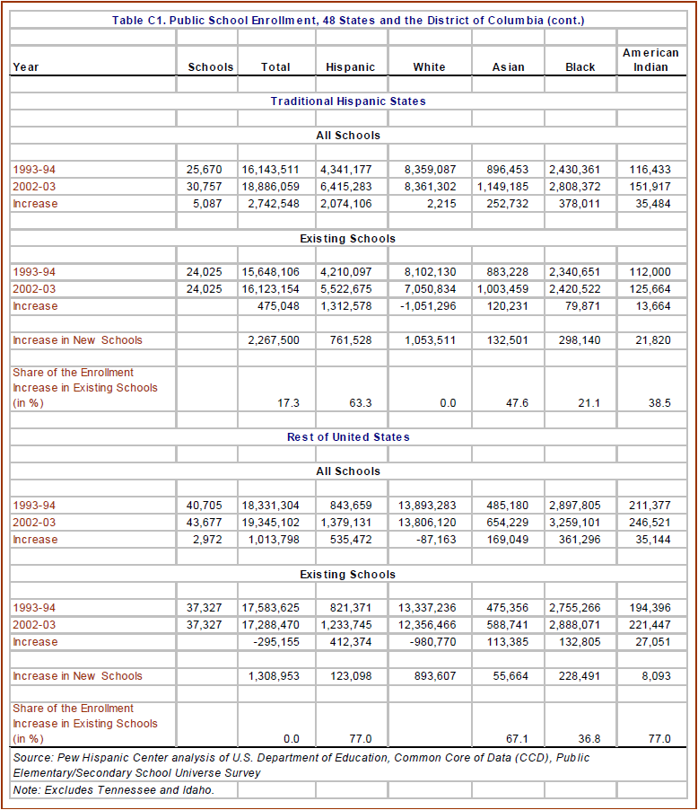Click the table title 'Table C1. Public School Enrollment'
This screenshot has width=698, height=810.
(x=348, y=20)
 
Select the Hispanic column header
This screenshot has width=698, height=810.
(x=350, y=67)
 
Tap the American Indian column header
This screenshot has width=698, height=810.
(x=650, y=60)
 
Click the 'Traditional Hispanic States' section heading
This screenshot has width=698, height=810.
(x=348, y=101)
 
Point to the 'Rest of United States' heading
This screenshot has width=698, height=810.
(x=348, y=437)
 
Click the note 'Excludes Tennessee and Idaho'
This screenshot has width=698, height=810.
(x=113, y=789)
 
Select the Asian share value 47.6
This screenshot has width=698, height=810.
(x=517, y=404)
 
